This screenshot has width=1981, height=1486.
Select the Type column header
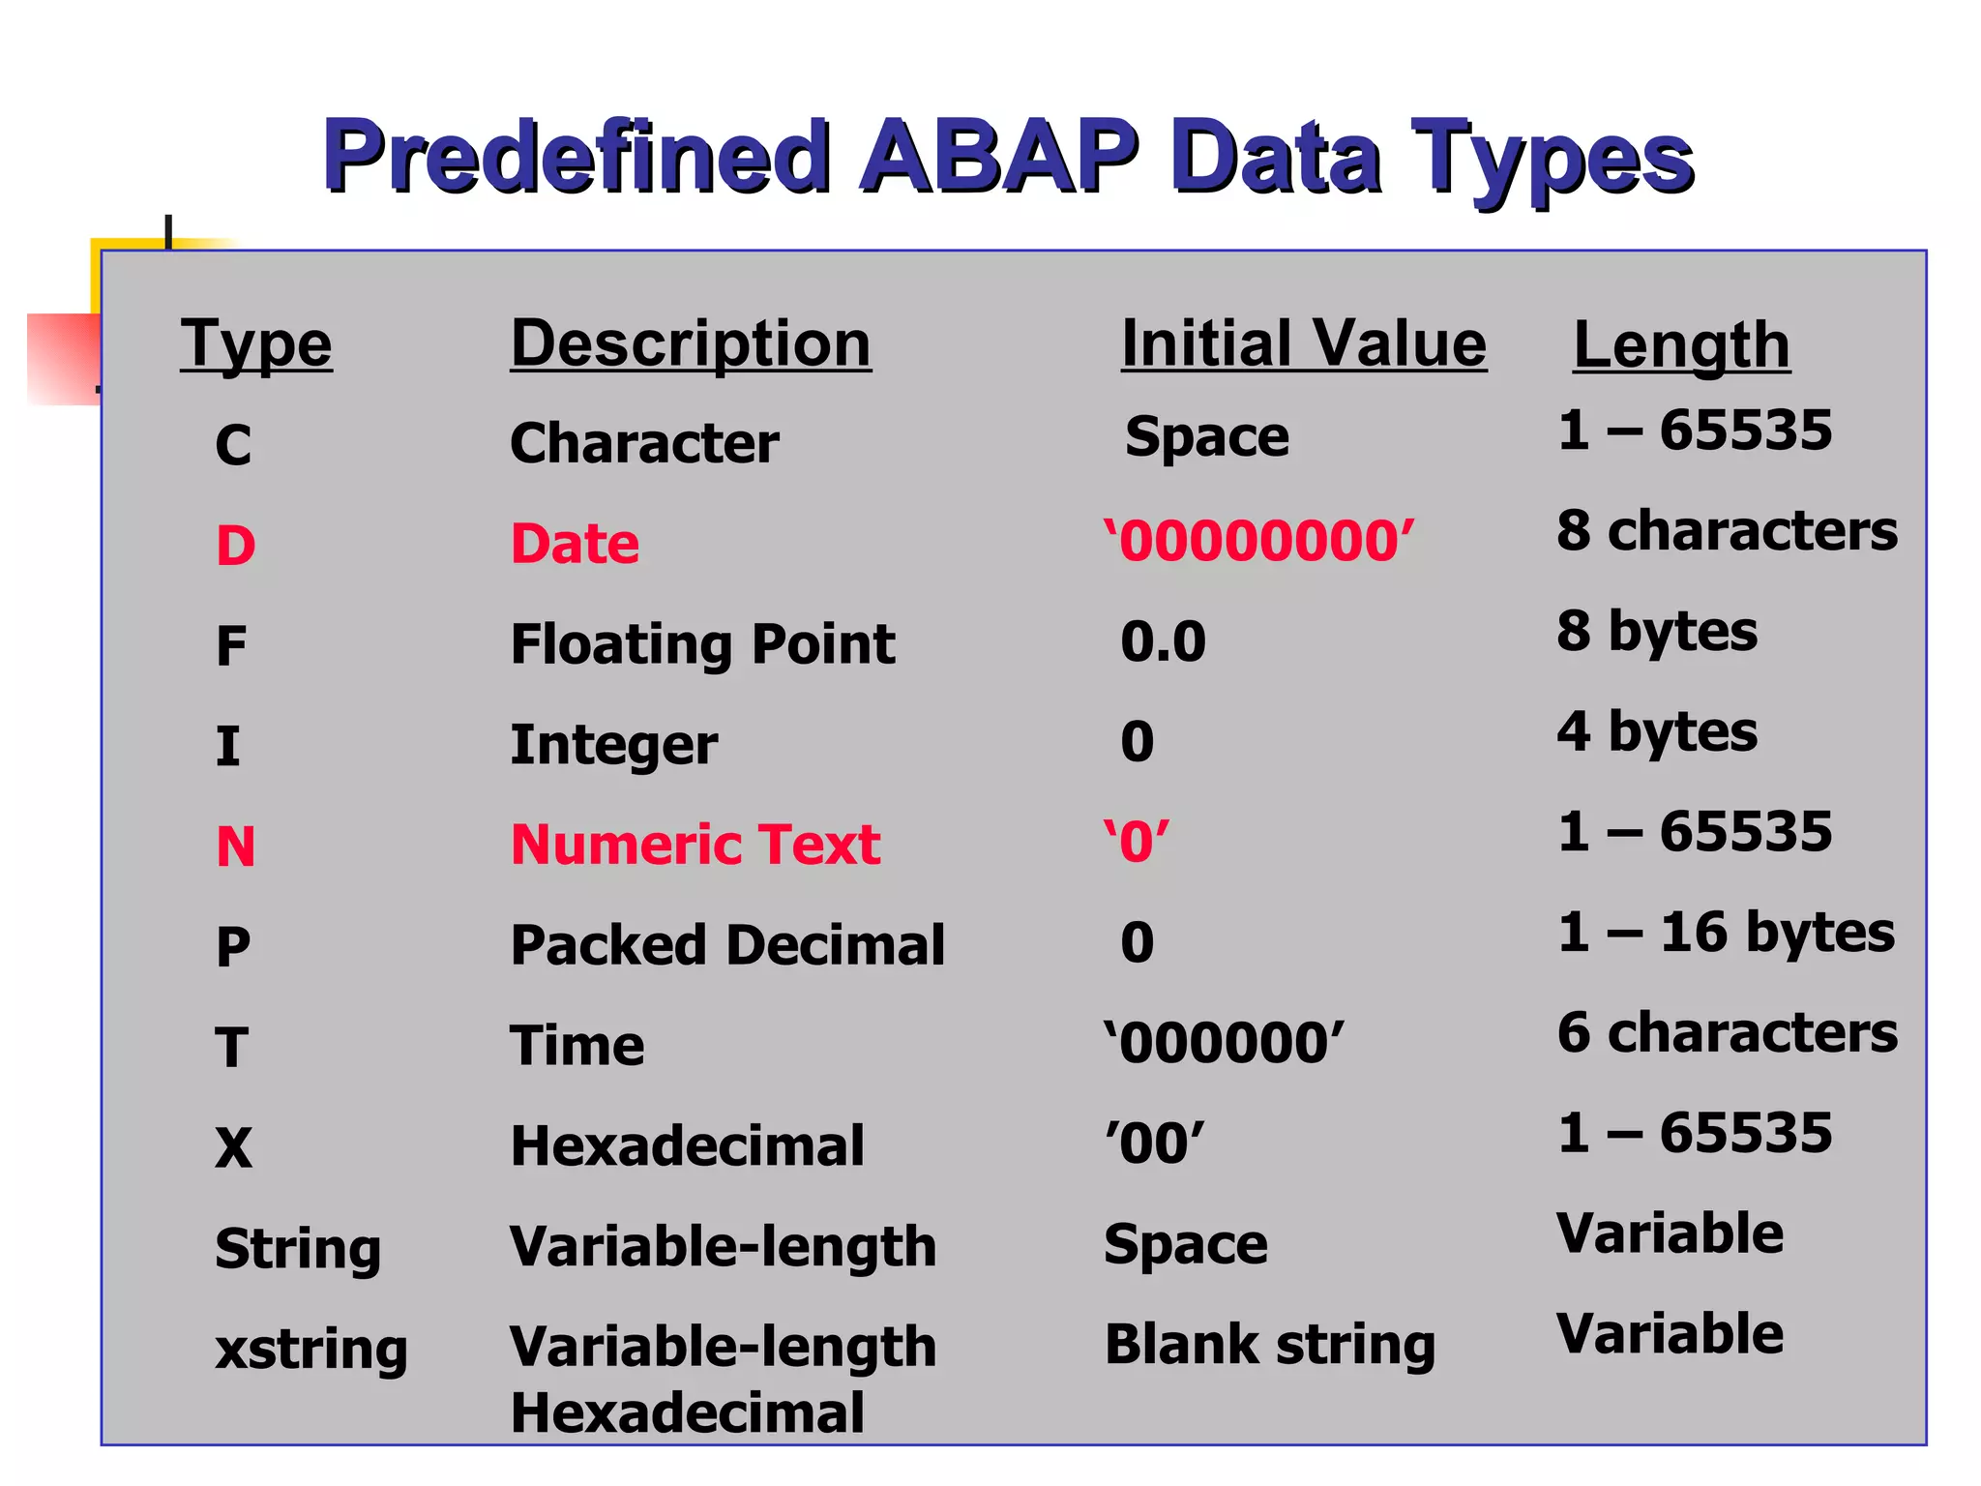[x=256, y=343]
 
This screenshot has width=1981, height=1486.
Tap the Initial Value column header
[x=1303, y=343]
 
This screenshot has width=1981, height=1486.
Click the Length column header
[x=1681, y=345]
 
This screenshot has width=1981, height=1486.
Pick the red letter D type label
[x=235, y=546]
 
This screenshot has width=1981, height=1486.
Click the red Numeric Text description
[x=695, y=845]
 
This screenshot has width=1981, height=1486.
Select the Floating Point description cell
[x=702, y=644]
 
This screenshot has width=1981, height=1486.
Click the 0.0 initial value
[x=1163, y=641]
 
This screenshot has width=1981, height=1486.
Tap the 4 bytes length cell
[x=1657, y=731]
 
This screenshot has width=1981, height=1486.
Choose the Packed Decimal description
[x=726, y=945]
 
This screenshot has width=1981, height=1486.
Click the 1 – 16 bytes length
[x=1726, y=933]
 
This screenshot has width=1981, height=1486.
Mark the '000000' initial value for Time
[x=1224, y=1043]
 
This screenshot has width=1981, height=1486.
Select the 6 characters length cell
[x=1727, y=1032]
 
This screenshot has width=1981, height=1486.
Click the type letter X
[x=233, y=1148]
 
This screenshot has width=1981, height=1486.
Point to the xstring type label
[x=310, y=1350]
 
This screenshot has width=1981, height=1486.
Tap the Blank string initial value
[x=1269, y=1345]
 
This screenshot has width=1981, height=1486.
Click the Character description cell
[x=644, y=443]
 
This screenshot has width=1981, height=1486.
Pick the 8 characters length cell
[x=1727, y=531]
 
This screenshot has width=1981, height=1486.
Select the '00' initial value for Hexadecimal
[x=1155, y=1144]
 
